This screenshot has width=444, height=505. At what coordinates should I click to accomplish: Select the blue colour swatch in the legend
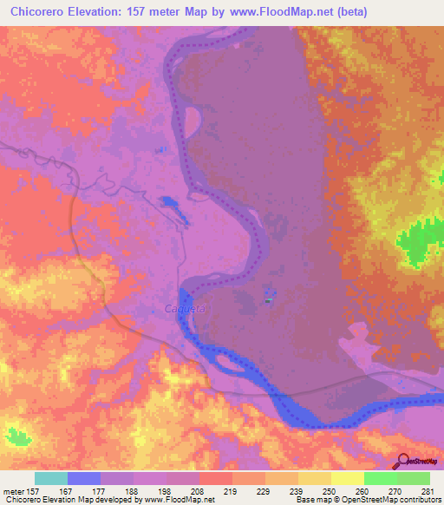click(84, 478)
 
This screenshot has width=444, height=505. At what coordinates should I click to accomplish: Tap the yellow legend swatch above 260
click(347, 478)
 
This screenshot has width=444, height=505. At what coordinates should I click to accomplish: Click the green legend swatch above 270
click(381, 478)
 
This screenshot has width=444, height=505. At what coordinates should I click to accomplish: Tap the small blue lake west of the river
click(171, 205)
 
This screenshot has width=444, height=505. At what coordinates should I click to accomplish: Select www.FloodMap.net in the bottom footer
click(173, 501)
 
